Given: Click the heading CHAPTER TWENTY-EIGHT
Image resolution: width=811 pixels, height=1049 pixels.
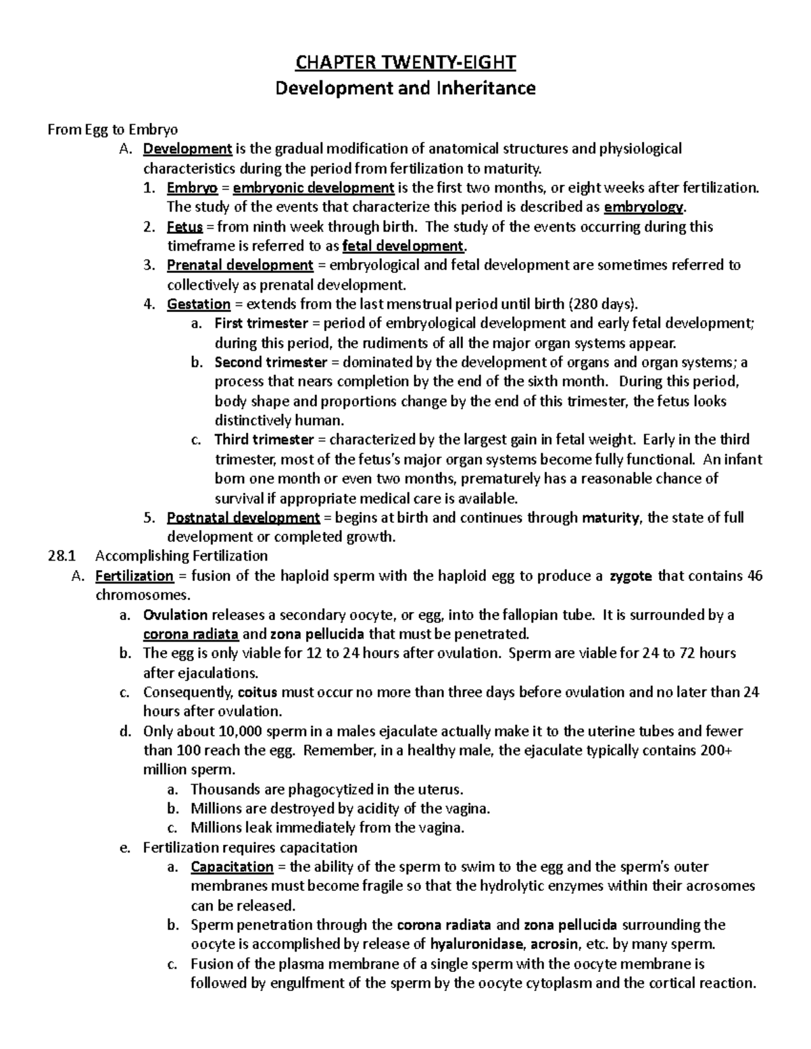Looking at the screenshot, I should pyautogui.click(x=405, y=63).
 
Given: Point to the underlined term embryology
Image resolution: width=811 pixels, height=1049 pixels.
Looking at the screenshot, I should pyautogui.click(x=643, y=207).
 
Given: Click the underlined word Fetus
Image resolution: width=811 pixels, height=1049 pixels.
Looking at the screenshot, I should pyautogui.click(x=185, y=226).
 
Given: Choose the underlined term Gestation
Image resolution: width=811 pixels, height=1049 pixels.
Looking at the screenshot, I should pyautogui.click(x=199, y=304).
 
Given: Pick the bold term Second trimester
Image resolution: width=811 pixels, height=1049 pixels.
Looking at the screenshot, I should pyautogui.click(x=270, y=362).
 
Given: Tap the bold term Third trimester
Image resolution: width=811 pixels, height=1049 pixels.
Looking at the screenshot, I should pyautogui.click(x=264, y=440).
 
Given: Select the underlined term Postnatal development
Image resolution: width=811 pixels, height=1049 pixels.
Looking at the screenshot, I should pyautogui.click(x=243, y=517).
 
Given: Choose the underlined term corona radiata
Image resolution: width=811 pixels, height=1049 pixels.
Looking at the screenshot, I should pyautogui.click(x=191, y=634).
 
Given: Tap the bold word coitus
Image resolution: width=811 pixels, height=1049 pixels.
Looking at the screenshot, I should pyautogui.click(x=257, y=692).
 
